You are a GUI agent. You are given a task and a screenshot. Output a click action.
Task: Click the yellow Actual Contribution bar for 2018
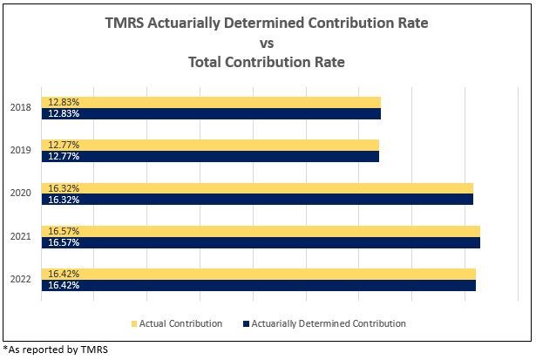click(x=211, y=102)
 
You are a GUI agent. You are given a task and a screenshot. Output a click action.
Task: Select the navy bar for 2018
click(x=211, y=113)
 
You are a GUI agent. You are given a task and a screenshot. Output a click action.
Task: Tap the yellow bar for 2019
click(x=210, y=145)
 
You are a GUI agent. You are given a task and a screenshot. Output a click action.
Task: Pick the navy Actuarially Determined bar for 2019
click(x=210, y=156)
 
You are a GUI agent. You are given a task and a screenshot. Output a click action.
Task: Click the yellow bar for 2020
click(x=257, y=187)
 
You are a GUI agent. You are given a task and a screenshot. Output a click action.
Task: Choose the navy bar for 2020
click(x=257, y=199)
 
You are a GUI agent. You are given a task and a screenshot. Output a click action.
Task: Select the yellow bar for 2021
click(x=261, y=230)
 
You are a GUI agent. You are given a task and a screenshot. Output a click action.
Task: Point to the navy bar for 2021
click(x=261, y=241)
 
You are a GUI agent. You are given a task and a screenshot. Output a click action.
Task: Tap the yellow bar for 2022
click(x=258, y=273)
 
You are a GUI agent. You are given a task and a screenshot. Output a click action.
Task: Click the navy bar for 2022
click(x=258, y=284)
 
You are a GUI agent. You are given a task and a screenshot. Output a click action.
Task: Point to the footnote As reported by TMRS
click(x=57, y=350)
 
